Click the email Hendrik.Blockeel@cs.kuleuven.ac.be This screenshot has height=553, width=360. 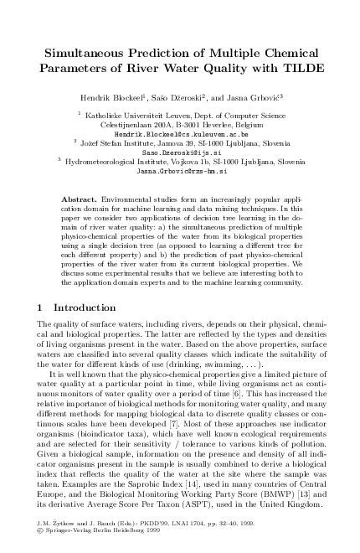pyautogui.click(x=181, y=134)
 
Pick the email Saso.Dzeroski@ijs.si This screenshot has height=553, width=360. pyautogui.click(x=181, y=152)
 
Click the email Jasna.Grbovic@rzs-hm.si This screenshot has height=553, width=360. pyautogui.click(x=181, y=170)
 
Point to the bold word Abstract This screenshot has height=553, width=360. pyautogui.click(x=80, y=200)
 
